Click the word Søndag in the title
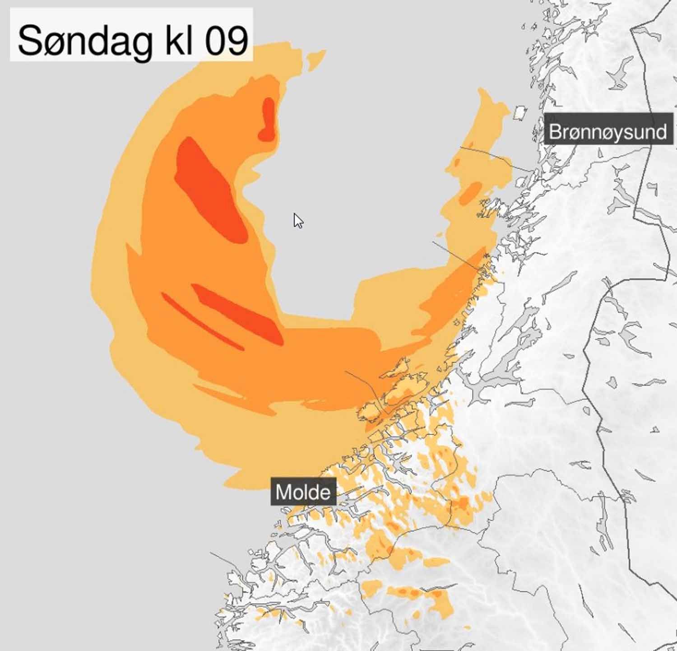coord(84,40)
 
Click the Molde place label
coord(303,492)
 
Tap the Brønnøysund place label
coord(607,132)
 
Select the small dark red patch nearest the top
coord(268,118)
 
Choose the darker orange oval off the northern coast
coord(470,192)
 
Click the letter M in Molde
coord(283,492)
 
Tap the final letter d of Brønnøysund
coord(662,132)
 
